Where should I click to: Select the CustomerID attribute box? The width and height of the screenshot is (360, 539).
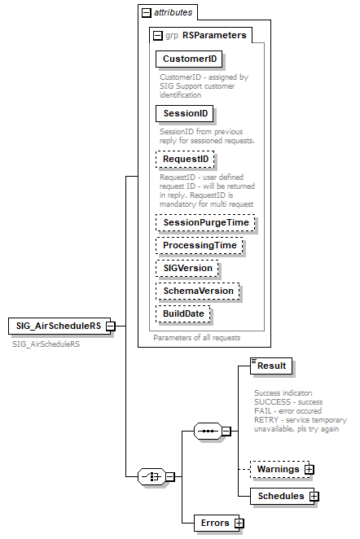pyautogui.click(x=189, y=59)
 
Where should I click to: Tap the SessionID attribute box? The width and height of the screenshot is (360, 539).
pyautogui.click(x=184, y=113)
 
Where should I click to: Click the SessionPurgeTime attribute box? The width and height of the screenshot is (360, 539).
pyautogui.click(x=205, y=222)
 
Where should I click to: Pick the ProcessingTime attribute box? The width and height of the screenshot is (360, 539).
pyautogui.click(x=200, y=245)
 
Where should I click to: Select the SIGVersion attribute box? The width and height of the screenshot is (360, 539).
pyautogui.click(x=188, y=268)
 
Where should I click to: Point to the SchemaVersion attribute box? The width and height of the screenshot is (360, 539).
pyautogui.click(x=198, y=291)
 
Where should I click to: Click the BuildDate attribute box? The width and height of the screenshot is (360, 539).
pyautogui.click(x=184, y=313)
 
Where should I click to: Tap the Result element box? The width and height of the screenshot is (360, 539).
pyautogui.click(x=270, y=366)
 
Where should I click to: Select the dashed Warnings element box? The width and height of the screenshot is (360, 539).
pyautogui.click(x=277, y=470)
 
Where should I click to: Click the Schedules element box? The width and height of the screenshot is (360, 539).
pyautogui.click(x=280, y=496)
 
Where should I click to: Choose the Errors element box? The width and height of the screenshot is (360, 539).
pyautogui.click(x=214, y=523)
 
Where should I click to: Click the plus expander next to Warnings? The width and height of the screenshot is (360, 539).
pyautogui.click(x=310, y=470)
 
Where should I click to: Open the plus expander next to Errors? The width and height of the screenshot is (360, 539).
pyautogui.click(x=239, y=523)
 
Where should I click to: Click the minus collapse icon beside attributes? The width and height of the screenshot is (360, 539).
pyautogui.click(x=147, y=13)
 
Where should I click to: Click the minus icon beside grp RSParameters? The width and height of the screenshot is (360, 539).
pyautogui.click(x=156, y=36)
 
